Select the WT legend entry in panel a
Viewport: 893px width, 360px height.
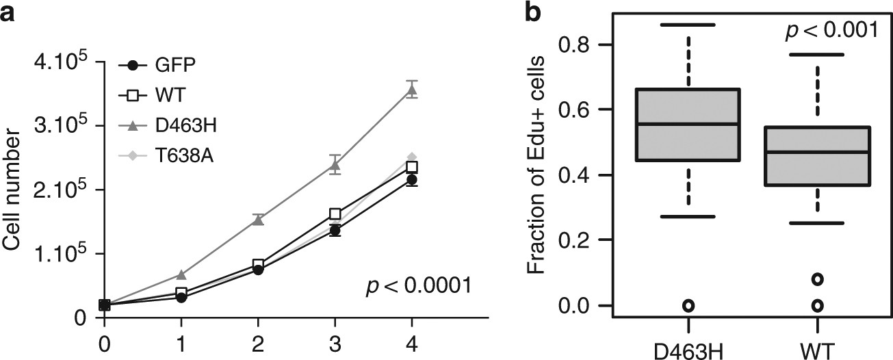(157, 95)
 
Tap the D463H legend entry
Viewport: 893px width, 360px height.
(168, 126)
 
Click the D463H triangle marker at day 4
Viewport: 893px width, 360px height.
(411, 90)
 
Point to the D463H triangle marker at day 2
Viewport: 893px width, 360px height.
(258, 220)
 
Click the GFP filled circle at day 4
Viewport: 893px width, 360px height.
(411, 180)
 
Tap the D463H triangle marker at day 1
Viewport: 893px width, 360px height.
(181, 274)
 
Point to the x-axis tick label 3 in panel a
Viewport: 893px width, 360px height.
(335, 340)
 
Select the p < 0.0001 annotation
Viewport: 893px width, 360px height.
(418, 284)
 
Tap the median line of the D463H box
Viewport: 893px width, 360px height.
(688, 124)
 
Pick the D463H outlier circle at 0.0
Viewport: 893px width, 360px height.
(688, 305)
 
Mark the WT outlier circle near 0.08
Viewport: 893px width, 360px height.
(817, 279)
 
